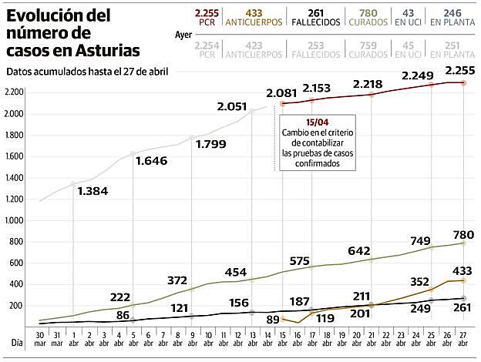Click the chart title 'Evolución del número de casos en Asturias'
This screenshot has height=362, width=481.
[73, 34]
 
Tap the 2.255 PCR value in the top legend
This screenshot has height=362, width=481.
[207, 18]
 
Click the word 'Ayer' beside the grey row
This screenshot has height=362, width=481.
[183, 35]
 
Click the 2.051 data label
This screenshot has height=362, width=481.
[232, 107]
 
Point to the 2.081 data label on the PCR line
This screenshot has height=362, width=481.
[281, 93]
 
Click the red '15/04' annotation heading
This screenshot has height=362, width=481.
[316, 122]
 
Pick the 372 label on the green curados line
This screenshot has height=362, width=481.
[177, 279]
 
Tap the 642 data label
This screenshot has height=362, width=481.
[359, 250]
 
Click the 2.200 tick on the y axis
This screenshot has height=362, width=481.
[16, 92]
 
